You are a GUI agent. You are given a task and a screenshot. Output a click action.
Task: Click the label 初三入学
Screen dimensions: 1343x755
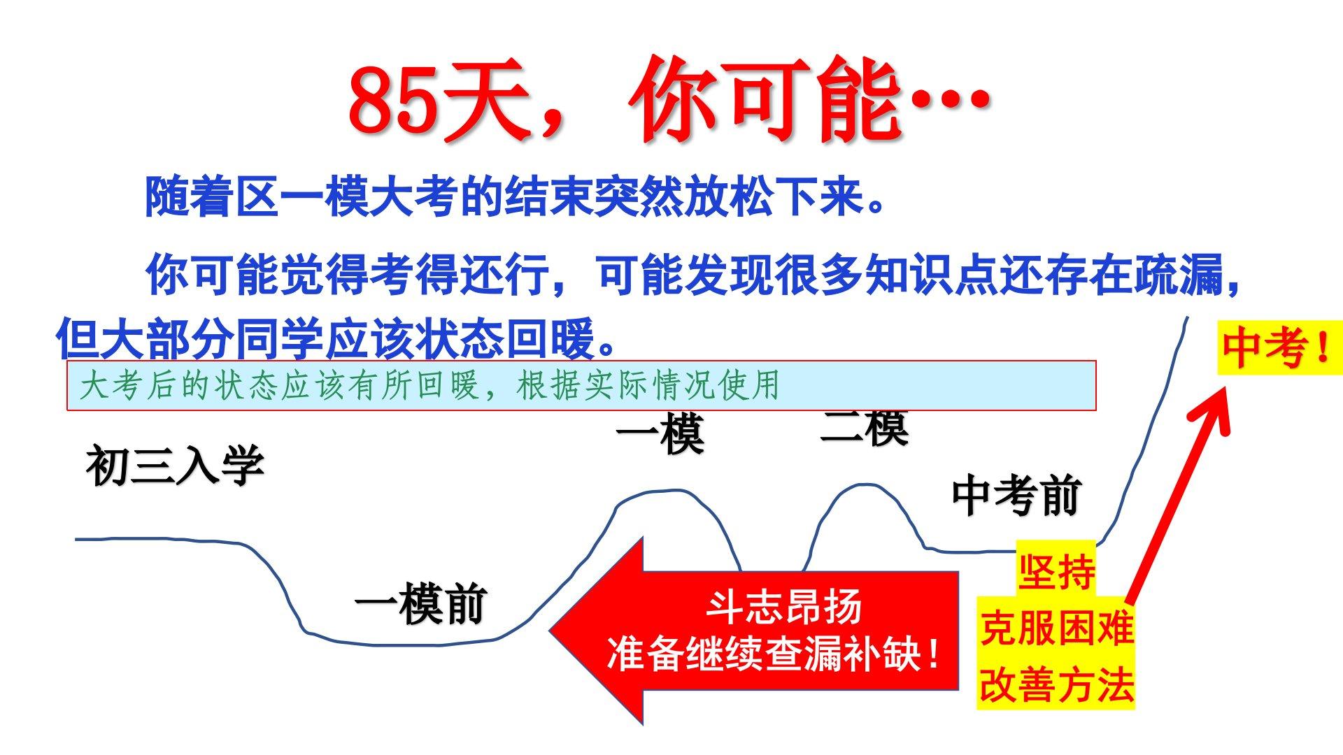point(176,466)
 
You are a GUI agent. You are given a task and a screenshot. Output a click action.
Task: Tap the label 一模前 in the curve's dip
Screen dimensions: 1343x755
point(420,605)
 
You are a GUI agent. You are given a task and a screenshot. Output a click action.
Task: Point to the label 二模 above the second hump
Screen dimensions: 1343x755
point(865,428)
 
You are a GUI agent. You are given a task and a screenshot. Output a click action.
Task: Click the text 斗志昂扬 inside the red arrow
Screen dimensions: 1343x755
point(783,607)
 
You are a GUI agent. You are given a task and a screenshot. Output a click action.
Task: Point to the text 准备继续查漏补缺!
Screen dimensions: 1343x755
point(774,654)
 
